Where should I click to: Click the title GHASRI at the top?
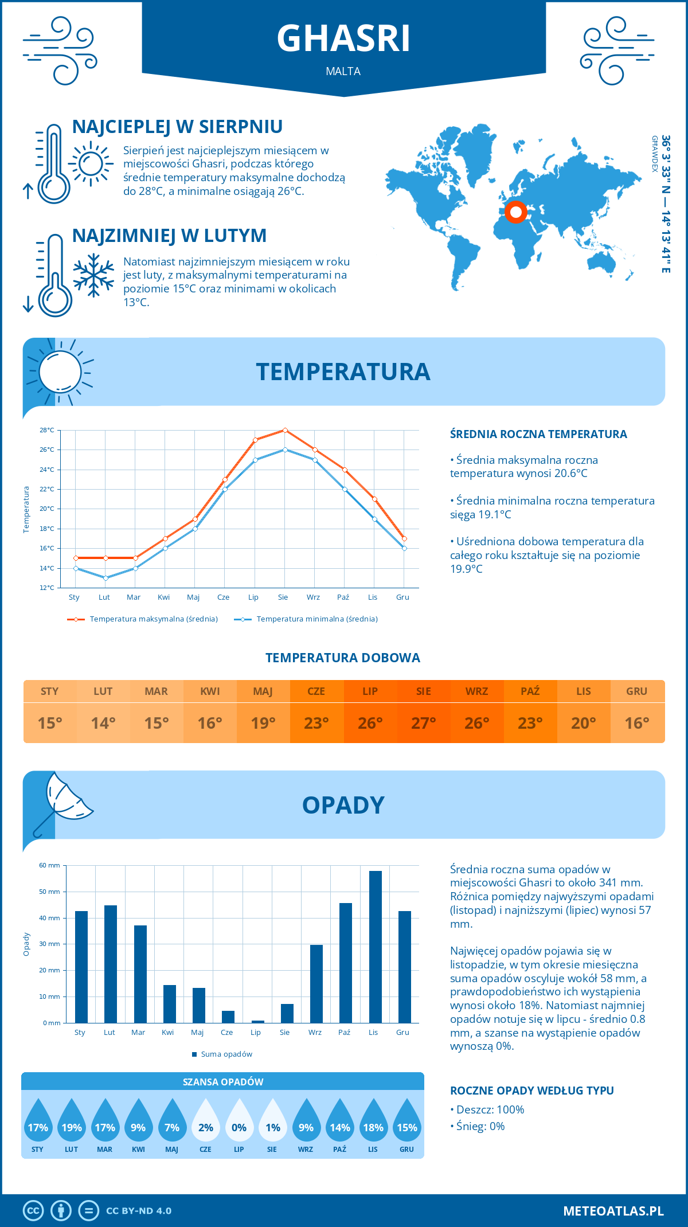click(343, 38)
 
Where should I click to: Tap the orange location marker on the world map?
click(515, 212)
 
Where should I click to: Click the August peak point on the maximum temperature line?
click(285, 430)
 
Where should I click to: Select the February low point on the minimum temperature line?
click(105, 578)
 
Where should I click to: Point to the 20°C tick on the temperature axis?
click(47, 509)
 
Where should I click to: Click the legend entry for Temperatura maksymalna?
click(143, 619)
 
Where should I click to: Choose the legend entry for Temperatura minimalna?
click(306, 619)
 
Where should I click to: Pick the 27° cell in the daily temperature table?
click(424, 723)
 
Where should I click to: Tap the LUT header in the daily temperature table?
click(103, 691)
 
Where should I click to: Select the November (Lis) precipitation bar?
click(375, 947)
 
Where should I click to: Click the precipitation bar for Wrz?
click(316, 984)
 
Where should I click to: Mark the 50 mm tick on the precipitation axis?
click(50, 892)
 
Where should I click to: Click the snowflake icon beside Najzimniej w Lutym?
click(93, 275)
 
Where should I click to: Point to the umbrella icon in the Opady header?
click(62, 803)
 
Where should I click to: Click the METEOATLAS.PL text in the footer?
click(613, 1211)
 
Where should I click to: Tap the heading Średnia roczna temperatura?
click(538, 435)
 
